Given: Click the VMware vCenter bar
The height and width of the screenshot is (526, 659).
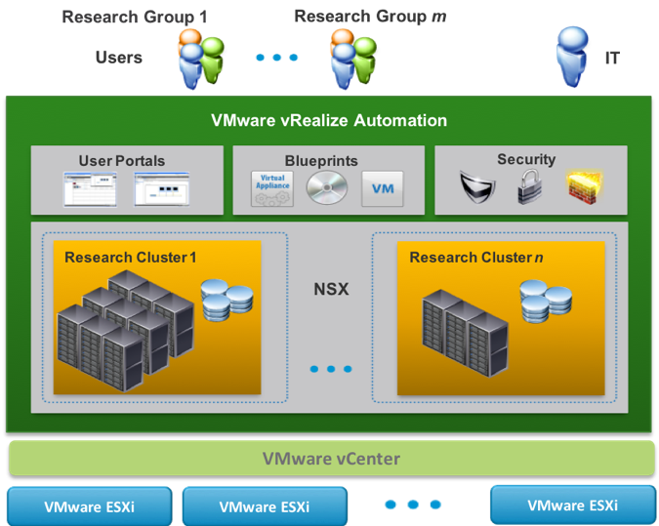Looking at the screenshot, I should click(331, 459).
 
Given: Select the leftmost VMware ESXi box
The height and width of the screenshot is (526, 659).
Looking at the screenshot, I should click(89, 506).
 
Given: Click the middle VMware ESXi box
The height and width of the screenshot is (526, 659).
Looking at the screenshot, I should click(265, 506).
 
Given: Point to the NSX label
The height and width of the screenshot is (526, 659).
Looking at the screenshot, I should click(330, 290).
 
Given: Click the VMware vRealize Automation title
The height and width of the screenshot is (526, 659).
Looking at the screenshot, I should click(329, 121).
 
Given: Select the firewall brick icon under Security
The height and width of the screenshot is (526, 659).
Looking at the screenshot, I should click(584, 187).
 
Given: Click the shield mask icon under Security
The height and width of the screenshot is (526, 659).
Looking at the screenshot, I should click(478, 188).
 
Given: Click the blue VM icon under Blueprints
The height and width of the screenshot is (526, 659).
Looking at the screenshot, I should click(382, 187).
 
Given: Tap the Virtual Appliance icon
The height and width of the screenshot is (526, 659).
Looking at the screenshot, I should click(272, 187).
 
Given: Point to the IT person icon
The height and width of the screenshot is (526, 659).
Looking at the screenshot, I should click(572, 58).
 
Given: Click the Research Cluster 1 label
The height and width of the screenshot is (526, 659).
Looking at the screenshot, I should click(131, 258).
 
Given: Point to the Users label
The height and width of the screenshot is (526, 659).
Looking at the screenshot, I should click(118, 58).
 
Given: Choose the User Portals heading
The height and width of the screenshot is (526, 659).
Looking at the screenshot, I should click(121, 161).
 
